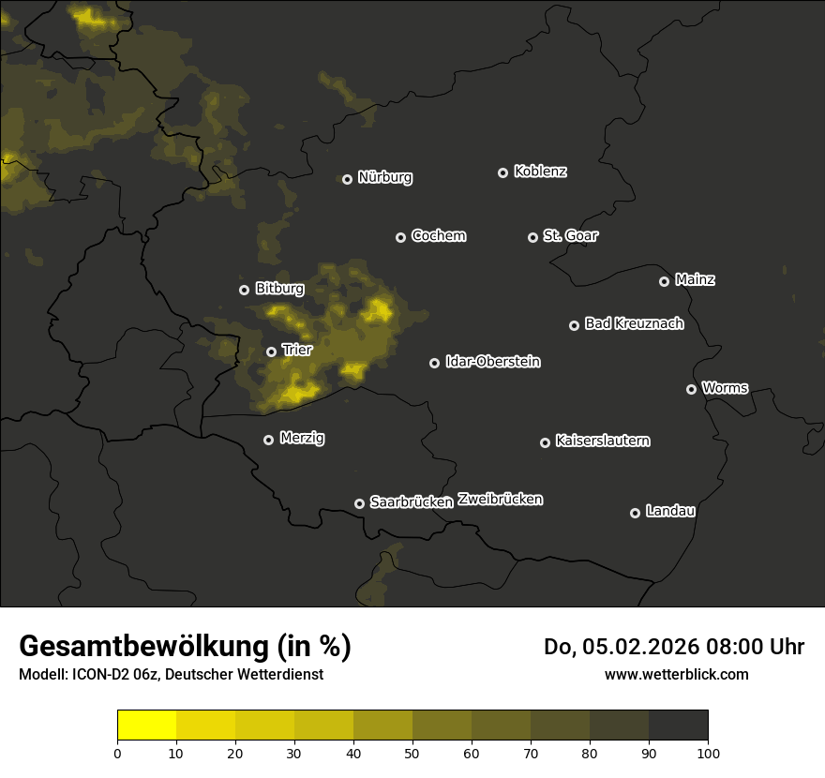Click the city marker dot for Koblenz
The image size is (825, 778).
pyautogui.click(x=502, y=172)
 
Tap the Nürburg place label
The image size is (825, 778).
pyautogui.click(x=385, y=177)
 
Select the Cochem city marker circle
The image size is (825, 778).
pyautogui.click(x=400, y=237)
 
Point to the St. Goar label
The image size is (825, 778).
pyautogui.click(x=570, y=235)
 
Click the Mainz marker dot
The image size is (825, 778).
pyautogui.click(x=664, y=281)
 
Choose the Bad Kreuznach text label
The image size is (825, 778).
pyautogui.click(x=634, y=323)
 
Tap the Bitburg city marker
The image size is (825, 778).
pyautogui.click(x=244, y=290)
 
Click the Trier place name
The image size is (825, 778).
pyautogui.click(x=297, y=350)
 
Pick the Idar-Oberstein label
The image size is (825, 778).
pyautogui.click(x=493, y=361)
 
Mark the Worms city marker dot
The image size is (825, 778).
pyautogui.click(x=691, y=389)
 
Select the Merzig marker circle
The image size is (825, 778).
pyautogui.click(x=268, y=440)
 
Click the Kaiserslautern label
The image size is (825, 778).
pyautogui.click(x=603, y=441)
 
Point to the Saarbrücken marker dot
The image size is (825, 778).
pyautogui.click(x=359, y=503)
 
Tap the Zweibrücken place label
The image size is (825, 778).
pyautogui.click(x=501, y=499)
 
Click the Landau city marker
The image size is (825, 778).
pyautogui.click(x=635, y=513)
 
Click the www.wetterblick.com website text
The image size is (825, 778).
pyautogui.click(x=677, y=674)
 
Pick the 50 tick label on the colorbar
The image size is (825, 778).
pyautogui.click(x=412, y=752)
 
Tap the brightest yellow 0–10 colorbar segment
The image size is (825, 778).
pyautogui.click(x=146, y=726)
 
